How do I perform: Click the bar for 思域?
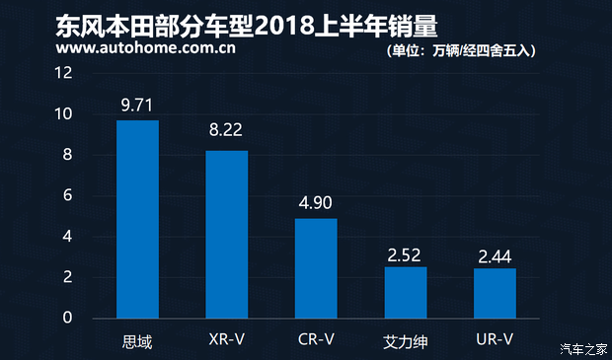[137, 219]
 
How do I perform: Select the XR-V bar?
[227, 235]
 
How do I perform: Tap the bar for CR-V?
[316, 268]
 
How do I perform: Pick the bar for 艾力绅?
[406, 292]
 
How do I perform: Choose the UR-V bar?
[495, 293]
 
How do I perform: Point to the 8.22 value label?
[227, 132]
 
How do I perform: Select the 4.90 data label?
[316, 201]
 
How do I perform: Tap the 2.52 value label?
[406, 254]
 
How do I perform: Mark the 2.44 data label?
[495, 255]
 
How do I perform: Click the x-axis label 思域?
[137, 340]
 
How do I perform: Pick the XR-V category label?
[227, 340]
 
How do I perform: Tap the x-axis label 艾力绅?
[406, 341]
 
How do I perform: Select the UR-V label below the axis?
[495, 340]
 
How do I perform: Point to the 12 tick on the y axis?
[64, 74]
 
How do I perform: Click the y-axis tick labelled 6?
[68, 196]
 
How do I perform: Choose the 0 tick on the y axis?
[68, 319]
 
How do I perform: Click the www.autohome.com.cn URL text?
[123, 45]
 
